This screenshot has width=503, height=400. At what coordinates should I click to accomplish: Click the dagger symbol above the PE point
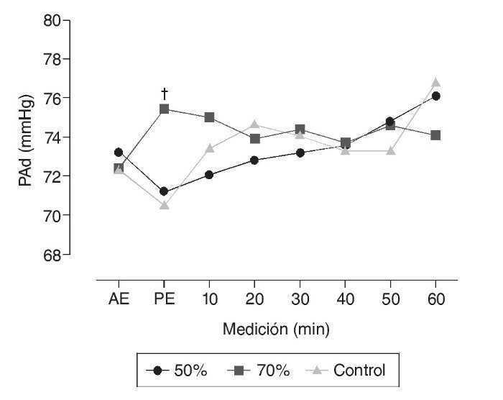pos(164,94)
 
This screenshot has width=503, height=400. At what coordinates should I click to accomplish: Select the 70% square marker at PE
pos(164,109)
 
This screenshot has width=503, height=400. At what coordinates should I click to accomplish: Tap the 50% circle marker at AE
pos(119,152)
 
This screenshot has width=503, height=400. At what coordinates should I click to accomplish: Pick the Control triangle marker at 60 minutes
pos(435,82)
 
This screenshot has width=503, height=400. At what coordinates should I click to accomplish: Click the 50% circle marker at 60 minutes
pos(435,96)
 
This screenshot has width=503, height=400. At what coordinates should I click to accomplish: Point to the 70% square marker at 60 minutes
pos(435,135)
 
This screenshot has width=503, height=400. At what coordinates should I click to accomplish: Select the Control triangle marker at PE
pos(164,205)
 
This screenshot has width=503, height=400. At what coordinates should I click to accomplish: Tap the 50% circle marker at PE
pos(164,191)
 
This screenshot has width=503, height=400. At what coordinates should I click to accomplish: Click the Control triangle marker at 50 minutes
pos(390,150)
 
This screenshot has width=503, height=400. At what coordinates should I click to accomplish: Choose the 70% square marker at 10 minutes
pos(209,117)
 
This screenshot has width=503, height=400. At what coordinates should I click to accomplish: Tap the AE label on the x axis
pos(119,299)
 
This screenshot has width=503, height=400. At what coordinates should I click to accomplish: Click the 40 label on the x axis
pos(345,299)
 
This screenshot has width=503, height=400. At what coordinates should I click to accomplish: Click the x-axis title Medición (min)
pos(276,330)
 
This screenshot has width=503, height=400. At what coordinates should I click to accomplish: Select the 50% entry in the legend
pos(181,371)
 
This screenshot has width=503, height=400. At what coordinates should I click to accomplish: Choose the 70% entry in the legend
pos(264,371)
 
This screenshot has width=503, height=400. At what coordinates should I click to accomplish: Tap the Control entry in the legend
pos(349,371)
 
